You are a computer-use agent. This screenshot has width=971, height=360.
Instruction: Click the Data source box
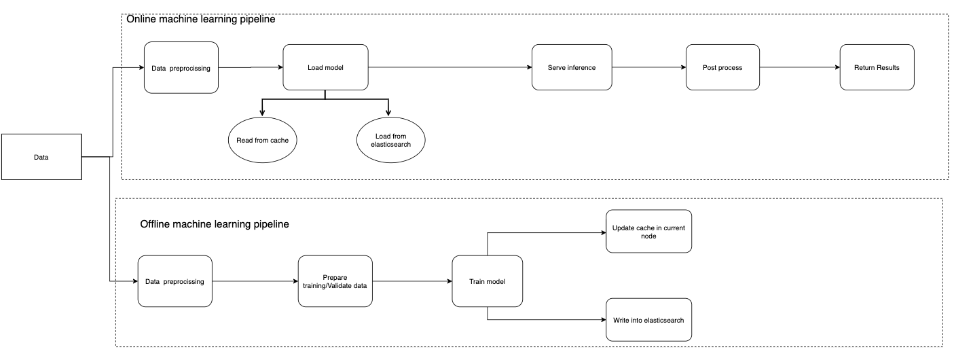[x=41, y=157]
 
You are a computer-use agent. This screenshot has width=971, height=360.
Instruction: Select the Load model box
[x=325, y=67]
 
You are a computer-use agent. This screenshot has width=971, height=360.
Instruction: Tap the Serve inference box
[x=571, y=67]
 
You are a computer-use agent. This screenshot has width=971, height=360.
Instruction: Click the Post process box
[x=722, y=67]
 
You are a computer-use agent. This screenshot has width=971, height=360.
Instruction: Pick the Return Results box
[x=877, y=67]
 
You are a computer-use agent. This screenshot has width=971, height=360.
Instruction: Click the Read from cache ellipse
[x=263, y=140]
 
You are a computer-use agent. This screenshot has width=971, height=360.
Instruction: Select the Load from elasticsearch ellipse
[x=390, y=140]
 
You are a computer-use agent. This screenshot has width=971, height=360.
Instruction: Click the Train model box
[x=488, y=281]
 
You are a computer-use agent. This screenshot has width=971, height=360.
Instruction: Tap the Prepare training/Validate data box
[x=335, y=281]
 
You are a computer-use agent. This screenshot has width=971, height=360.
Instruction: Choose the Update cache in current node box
[x=648, y=232]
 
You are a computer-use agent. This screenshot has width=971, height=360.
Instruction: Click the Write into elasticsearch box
[x=648, y=319]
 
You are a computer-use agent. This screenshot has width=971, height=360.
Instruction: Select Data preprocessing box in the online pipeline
[x=181, y=67]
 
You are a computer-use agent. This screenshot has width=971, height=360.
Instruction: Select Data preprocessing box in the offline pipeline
[x=175, y=281]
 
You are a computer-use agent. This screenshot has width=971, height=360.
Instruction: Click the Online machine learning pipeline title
[x=201, y=20]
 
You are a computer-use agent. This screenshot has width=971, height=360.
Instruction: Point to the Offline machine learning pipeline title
[x=215, y=223]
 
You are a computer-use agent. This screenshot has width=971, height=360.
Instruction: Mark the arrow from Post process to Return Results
[x=799, y=67]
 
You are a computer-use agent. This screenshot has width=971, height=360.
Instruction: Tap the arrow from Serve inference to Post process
[x=648, y=67]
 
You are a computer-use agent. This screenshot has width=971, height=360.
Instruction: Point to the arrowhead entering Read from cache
[x=263, y=112]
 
